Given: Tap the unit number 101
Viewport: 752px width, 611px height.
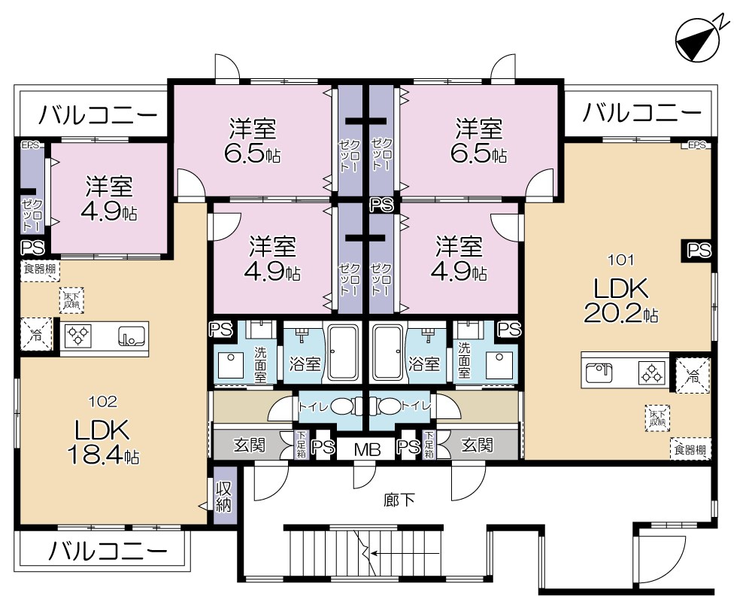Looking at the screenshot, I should (x=621, y=261).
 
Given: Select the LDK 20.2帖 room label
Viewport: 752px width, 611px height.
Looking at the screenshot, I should (x=621, y=299).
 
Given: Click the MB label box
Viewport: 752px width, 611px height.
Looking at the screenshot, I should (x=367, y=449).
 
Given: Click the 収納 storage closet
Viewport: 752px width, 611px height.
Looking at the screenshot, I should (x=224, y=496).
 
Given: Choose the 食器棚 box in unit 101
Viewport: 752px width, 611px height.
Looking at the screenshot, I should (x=690, y=450).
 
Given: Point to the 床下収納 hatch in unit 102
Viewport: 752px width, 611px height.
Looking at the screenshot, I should (x=71, y=301).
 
